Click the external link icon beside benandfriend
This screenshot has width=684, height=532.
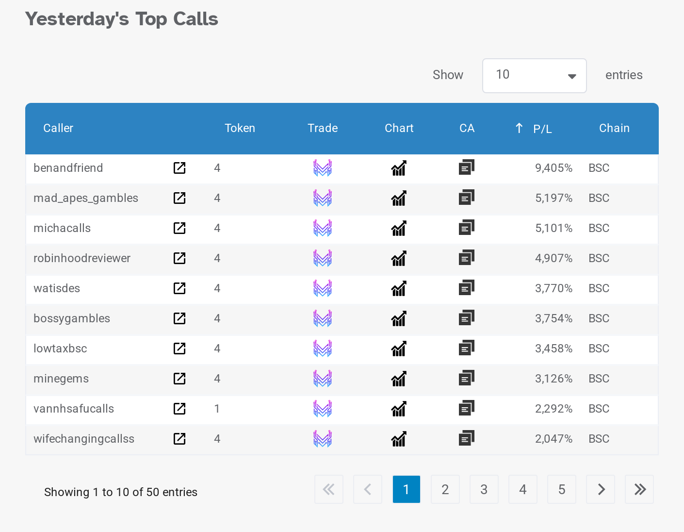point(179,168)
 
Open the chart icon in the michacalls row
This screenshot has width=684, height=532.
point(399,228)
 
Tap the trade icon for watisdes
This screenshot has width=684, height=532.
point(323,288)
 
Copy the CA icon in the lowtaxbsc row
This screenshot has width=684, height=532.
point(466,349)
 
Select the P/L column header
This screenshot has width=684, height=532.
point(542,129)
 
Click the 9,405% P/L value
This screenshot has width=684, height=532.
point(554,168)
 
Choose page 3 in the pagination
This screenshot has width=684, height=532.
point(484,489)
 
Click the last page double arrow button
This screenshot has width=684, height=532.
point(639,489)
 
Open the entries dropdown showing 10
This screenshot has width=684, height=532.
point(534,76)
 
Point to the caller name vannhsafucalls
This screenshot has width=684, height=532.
point(74,409)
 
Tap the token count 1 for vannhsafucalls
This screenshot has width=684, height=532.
point(217,409)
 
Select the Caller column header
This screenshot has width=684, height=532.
point(58,128)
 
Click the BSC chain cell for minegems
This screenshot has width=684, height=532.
point(599,379)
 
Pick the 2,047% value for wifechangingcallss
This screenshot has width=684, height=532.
point(554,439)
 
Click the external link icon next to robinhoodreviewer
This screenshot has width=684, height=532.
point(179,258)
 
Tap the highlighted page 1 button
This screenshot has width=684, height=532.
point(406,489)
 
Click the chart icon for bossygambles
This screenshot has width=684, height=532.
point(399,318)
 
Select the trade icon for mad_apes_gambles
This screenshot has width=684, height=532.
point(323,198)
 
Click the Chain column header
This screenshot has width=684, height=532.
point(614,128)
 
